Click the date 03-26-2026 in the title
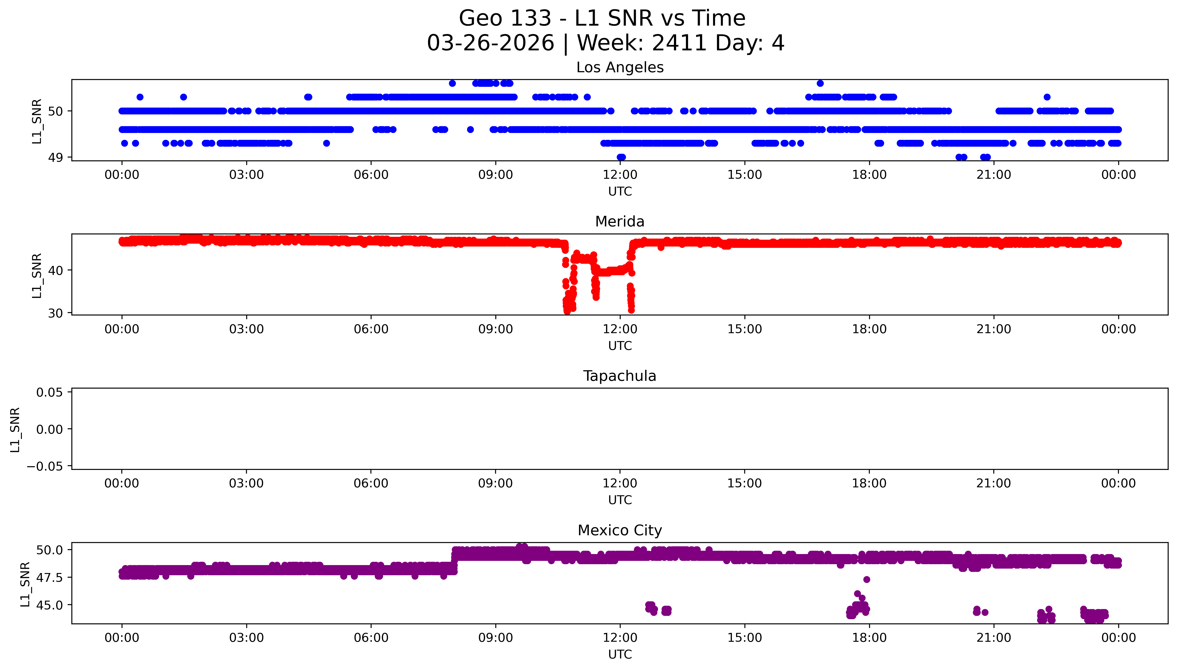point(490,43)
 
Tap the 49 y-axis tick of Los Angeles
point(55,158)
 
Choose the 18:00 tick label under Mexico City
point(869,638)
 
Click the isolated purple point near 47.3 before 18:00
point(866,579)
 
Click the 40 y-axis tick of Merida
point(55,271)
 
